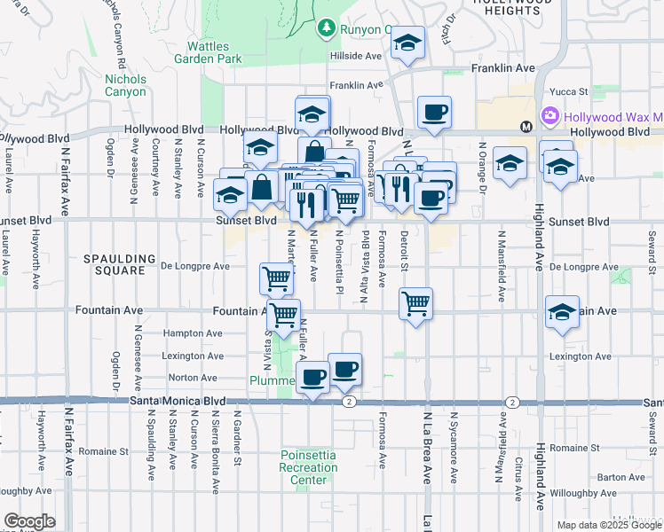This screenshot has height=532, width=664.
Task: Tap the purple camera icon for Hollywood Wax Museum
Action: click(549, 117)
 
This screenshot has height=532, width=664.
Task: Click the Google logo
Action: click(29, 521)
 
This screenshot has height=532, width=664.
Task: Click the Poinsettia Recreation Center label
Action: click(308, 467)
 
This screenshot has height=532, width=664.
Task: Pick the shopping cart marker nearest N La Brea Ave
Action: click(415, 303)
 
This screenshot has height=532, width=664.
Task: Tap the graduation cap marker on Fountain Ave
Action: click(562, 311)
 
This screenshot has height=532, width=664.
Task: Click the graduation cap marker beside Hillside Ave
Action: click(407, 43)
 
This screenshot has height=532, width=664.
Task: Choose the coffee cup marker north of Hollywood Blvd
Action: click(434, 112)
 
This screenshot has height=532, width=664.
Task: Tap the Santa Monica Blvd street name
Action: click(178, 401)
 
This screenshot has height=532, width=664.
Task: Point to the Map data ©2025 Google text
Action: click(607, 525)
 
